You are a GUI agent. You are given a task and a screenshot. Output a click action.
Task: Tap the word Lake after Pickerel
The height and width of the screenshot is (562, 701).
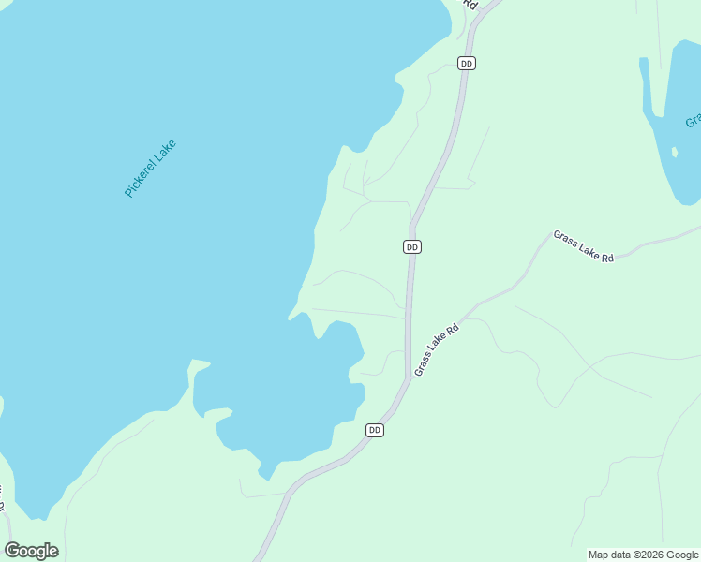click(165, 150)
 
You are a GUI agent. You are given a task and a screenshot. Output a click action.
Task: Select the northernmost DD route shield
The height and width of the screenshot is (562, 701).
click(467, 64)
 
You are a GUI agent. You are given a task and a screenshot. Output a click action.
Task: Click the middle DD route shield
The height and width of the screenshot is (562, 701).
click(412, 246)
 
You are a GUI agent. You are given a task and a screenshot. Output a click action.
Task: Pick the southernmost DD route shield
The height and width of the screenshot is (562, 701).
click(375, 430)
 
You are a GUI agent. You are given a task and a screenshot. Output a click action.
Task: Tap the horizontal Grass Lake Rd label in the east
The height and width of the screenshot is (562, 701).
click(583, 246)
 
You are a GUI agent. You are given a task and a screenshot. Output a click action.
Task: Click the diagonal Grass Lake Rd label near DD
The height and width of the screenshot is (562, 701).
click(437, 349)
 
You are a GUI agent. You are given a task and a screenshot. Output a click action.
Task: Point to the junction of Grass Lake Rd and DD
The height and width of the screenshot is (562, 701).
click(410, 377)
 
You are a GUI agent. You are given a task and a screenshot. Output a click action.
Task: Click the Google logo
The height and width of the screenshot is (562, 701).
click(31, 551)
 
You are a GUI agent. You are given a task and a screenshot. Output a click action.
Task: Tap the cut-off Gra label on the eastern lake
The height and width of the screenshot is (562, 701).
click(693, 121)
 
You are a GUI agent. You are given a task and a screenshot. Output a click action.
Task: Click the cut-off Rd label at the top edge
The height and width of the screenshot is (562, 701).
click(471, 5)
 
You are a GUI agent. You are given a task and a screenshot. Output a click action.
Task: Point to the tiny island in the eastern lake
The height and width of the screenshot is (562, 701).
click(673, 151)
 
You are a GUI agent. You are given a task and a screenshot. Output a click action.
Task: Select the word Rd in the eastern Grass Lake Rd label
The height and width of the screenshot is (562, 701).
click(607, 256)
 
